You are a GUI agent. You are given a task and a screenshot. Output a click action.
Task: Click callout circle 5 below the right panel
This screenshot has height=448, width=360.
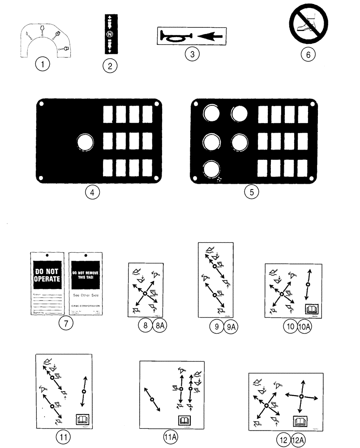pos(252,192)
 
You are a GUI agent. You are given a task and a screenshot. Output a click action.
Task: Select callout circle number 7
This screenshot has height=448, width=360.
pos(66,324)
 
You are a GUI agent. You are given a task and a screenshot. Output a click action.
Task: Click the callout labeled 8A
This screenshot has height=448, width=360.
pos(159,326)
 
